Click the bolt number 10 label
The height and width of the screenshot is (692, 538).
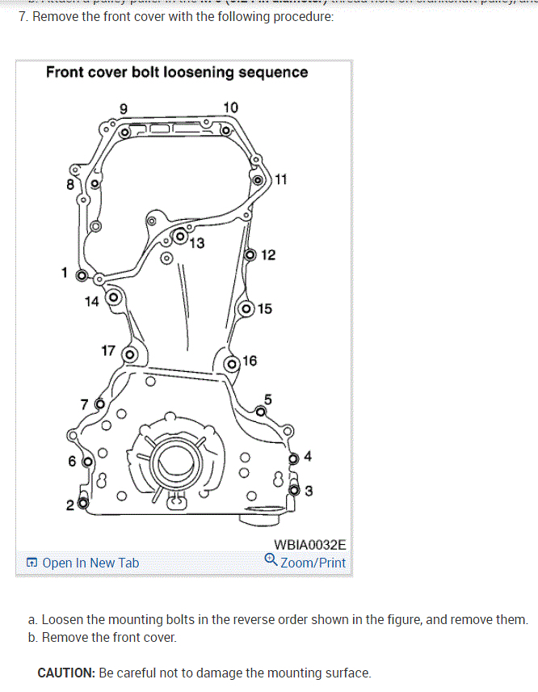tap(231, 108)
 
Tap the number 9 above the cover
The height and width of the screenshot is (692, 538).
tap(124, 108)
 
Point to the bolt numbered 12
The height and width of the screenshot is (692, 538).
tap(250, 255)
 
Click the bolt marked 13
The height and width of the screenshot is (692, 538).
tap(179, 237)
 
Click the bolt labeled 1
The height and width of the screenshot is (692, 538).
tap(81, 276)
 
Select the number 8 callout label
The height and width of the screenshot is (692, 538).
tap(70, 184)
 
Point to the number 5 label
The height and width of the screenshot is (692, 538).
tap(268, 399)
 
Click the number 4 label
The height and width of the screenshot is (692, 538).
tap(308, 456)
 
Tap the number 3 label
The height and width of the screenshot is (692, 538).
tap(309, 491)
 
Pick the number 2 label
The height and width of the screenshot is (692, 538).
tap(70, 506)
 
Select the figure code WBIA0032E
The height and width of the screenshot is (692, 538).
tap(310, 545)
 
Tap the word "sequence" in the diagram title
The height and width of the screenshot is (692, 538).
tap(269, 72)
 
